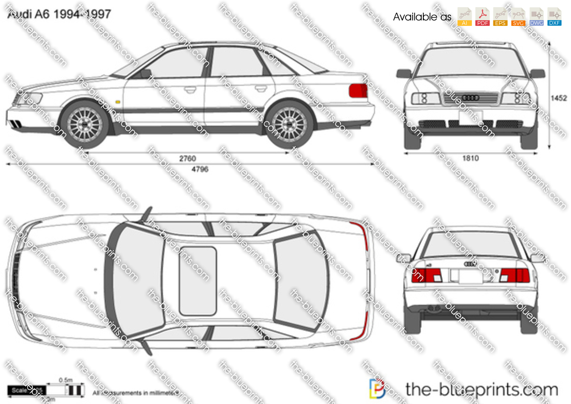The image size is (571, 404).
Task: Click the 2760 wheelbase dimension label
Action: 188,158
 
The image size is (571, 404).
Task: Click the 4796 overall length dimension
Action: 199,169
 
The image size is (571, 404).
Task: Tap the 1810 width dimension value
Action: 470,158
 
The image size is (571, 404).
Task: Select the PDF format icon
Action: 482,17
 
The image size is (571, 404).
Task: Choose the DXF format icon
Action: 554,17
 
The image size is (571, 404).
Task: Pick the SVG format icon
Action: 518,17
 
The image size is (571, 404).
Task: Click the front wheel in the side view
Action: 85,125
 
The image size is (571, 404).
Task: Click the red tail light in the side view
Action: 358,91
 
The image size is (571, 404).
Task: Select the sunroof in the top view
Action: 198,280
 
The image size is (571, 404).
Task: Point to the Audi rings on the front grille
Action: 471,98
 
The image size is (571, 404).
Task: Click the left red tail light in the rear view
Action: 426,275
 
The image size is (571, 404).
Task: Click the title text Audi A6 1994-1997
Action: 58,14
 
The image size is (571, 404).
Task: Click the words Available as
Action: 422,17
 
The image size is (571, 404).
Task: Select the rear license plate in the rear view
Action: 471,277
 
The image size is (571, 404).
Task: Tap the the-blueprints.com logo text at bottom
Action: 481,389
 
